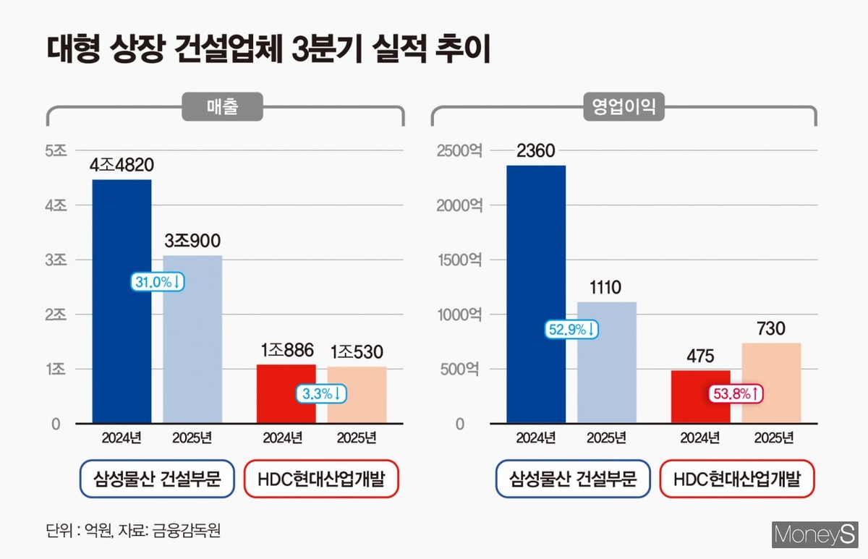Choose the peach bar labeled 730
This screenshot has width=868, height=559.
pyautogui.click(x=771, y=383)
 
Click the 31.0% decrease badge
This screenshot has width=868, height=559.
pyautogui.click(x=157, y=282)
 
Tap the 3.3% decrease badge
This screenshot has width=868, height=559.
pyautogui.click(x=321, y=394)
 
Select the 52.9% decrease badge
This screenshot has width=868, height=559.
pyautogui.click(x=571, y=330)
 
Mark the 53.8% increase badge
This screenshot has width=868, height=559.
pyautogui.click(x=736, y=394)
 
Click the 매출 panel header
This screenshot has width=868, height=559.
pyautogui.click(x=221, y=108)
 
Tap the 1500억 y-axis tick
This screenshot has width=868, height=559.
pyautogui.click(x=459, y=260)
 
